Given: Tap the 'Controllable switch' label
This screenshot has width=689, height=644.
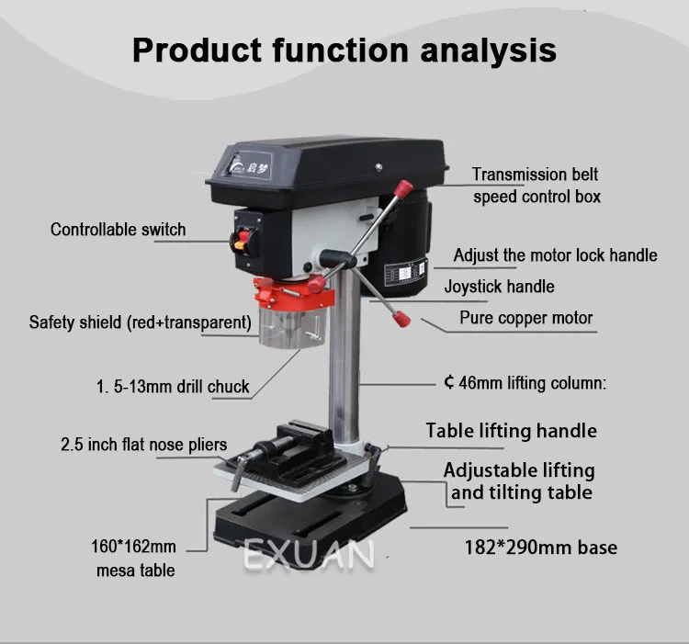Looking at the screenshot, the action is pos(118,230).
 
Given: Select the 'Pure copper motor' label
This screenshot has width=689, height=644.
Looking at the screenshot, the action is pos(526,319).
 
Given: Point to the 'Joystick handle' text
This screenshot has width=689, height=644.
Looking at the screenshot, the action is pos(499,287).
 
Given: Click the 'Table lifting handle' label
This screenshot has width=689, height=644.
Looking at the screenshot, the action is pos(511,431).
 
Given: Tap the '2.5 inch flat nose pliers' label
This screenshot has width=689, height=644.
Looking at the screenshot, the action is pos(143,445).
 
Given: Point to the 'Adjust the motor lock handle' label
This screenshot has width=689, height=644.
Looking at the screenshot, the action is pos(556,254).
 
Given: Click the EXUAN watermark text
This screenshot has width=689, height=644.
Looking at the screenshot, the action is pos(309,555).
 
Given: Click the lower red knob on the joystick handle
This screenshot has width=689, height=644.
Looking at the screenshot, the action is pos(401,318).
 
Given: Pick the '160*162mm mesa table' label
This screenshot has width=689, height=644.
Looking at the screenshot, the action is pos(135,558).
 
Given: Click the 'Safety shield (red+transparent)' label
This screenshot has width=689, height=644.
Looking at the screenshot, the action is pos(140,322).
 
